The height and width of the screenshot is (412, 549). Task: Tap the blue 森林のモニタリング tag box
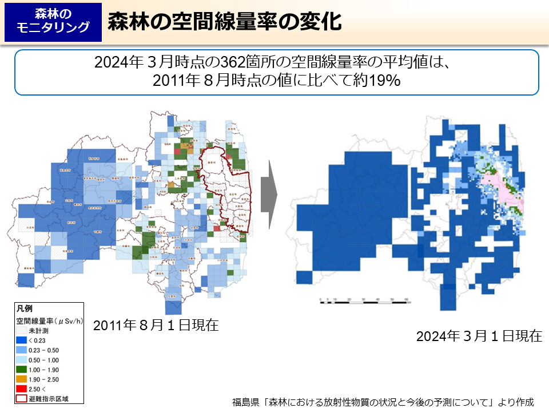click(53, 22)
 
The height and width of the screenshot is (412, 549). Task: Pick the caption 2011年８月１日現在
click(156, 325)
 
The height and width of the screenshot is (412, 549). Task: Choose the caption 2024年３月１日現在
click(479, 336)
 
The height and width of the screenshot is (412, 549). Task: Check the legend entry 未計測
click(39, 330)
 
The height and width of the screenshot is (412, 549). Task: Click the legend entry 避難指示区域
click(48, 398)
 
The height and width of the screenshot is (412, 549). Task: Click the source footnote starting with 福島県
click(383, 402)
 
